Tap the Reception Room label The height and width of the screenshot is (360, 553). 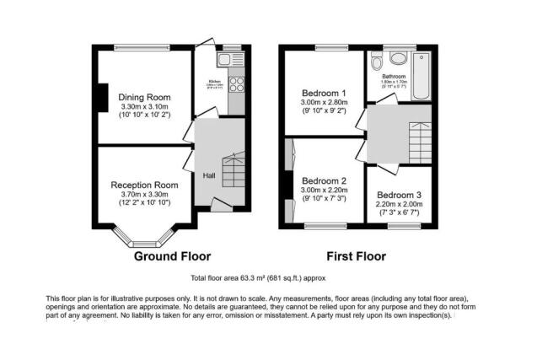(x=144, y=185)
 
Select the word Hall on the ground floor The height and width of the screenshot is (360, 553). (x=209, y=175)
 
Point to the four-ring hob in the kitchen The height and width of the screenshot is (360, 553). (x=235, y=84)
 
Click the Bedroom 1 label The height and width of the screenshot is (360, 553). (x=324, y=93)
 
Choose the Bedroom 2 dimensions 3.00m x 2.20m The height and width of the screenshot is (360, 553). (x=324, y=191)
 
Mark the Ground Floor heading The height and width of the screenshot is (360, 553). (x=172, y=255)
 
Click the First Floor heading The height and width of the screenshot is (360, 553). (x=356, y=255)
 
